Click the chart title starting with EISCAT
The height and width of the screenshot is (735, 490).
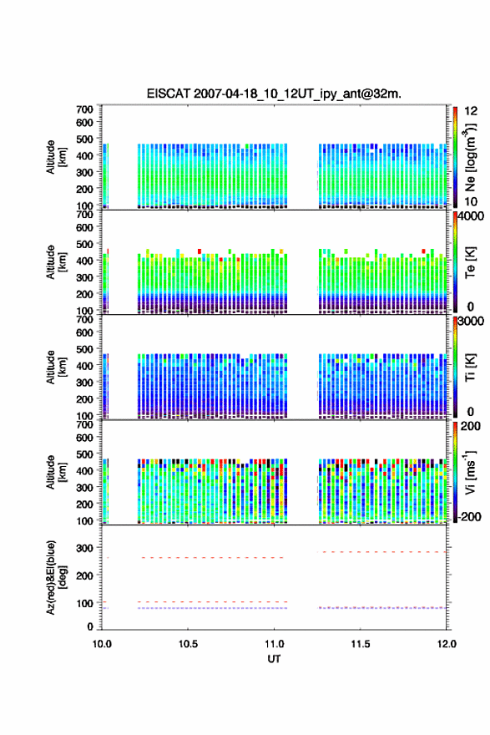click(274, 94)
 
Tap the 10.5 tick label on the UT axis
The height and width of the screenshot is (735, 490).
click(188, 644)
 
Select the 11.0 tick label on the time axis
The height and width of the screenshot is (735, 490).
click(274, 644)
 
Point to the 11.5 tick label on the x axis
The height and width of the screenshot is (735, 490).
click(361, 644)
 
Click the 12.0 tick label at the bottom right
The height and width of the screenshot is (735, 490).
click(447, 644)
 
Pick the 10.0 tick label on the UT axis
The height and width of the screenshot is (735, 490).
click(102, 644)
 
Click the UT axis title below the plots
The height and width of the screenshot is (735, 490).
click(274, 659)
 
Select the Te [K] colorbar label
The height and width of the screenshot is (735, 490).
click(470, 262)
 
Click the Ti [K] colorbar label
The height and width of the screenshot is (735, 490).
click(470, 367)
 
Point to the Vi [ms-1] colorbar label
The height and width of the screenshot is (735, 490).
click(470, 472)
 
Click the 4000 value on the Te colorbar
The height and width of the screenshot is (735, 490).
click(470, 216)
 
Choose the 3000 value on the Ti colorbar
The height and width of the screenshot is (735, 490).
click(470, 321)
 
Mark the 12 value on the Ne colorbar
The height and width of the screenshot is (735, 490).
click(471, 111)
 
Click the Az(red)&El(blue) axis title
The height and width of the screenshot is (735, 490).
click(56, 577)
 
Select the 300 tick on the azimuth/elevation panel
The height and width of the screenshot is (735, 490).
click(85, 548)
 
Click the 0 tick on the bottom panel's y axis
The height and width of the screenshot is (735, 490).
click(90, 626)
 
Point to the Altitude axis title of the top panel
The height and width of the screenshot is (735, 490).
click(56, 157)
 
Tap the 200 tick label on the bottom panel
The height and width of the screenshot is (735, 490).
click(85, 575)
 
